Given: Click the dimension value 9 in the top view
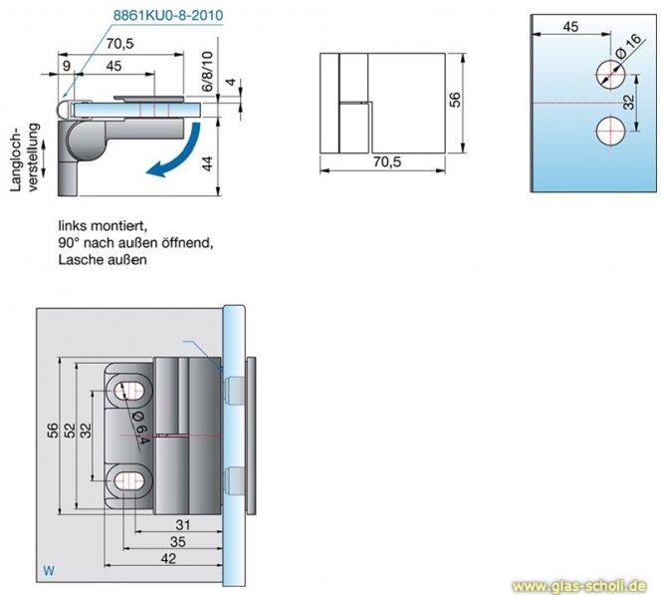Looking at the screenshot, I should click(66, 67).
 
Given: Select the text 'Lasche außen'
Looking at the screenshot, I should click(103, 259).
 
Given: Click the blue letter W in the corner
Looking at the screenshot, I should click(47, 571).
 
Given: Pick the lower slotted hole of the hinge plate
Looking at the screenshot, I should click(130, 479).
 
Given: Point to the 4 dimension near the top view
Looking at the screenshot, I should click(229, 83).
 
